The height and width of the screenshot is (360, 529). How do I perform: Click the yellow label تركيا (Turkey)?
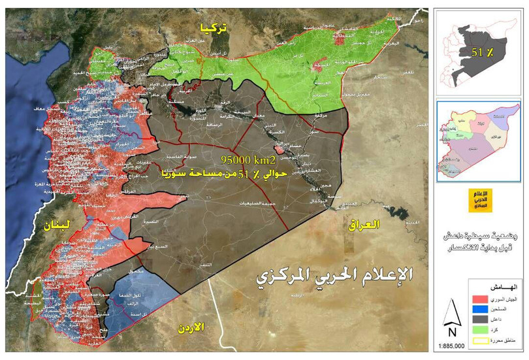[x=215, y=27]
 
